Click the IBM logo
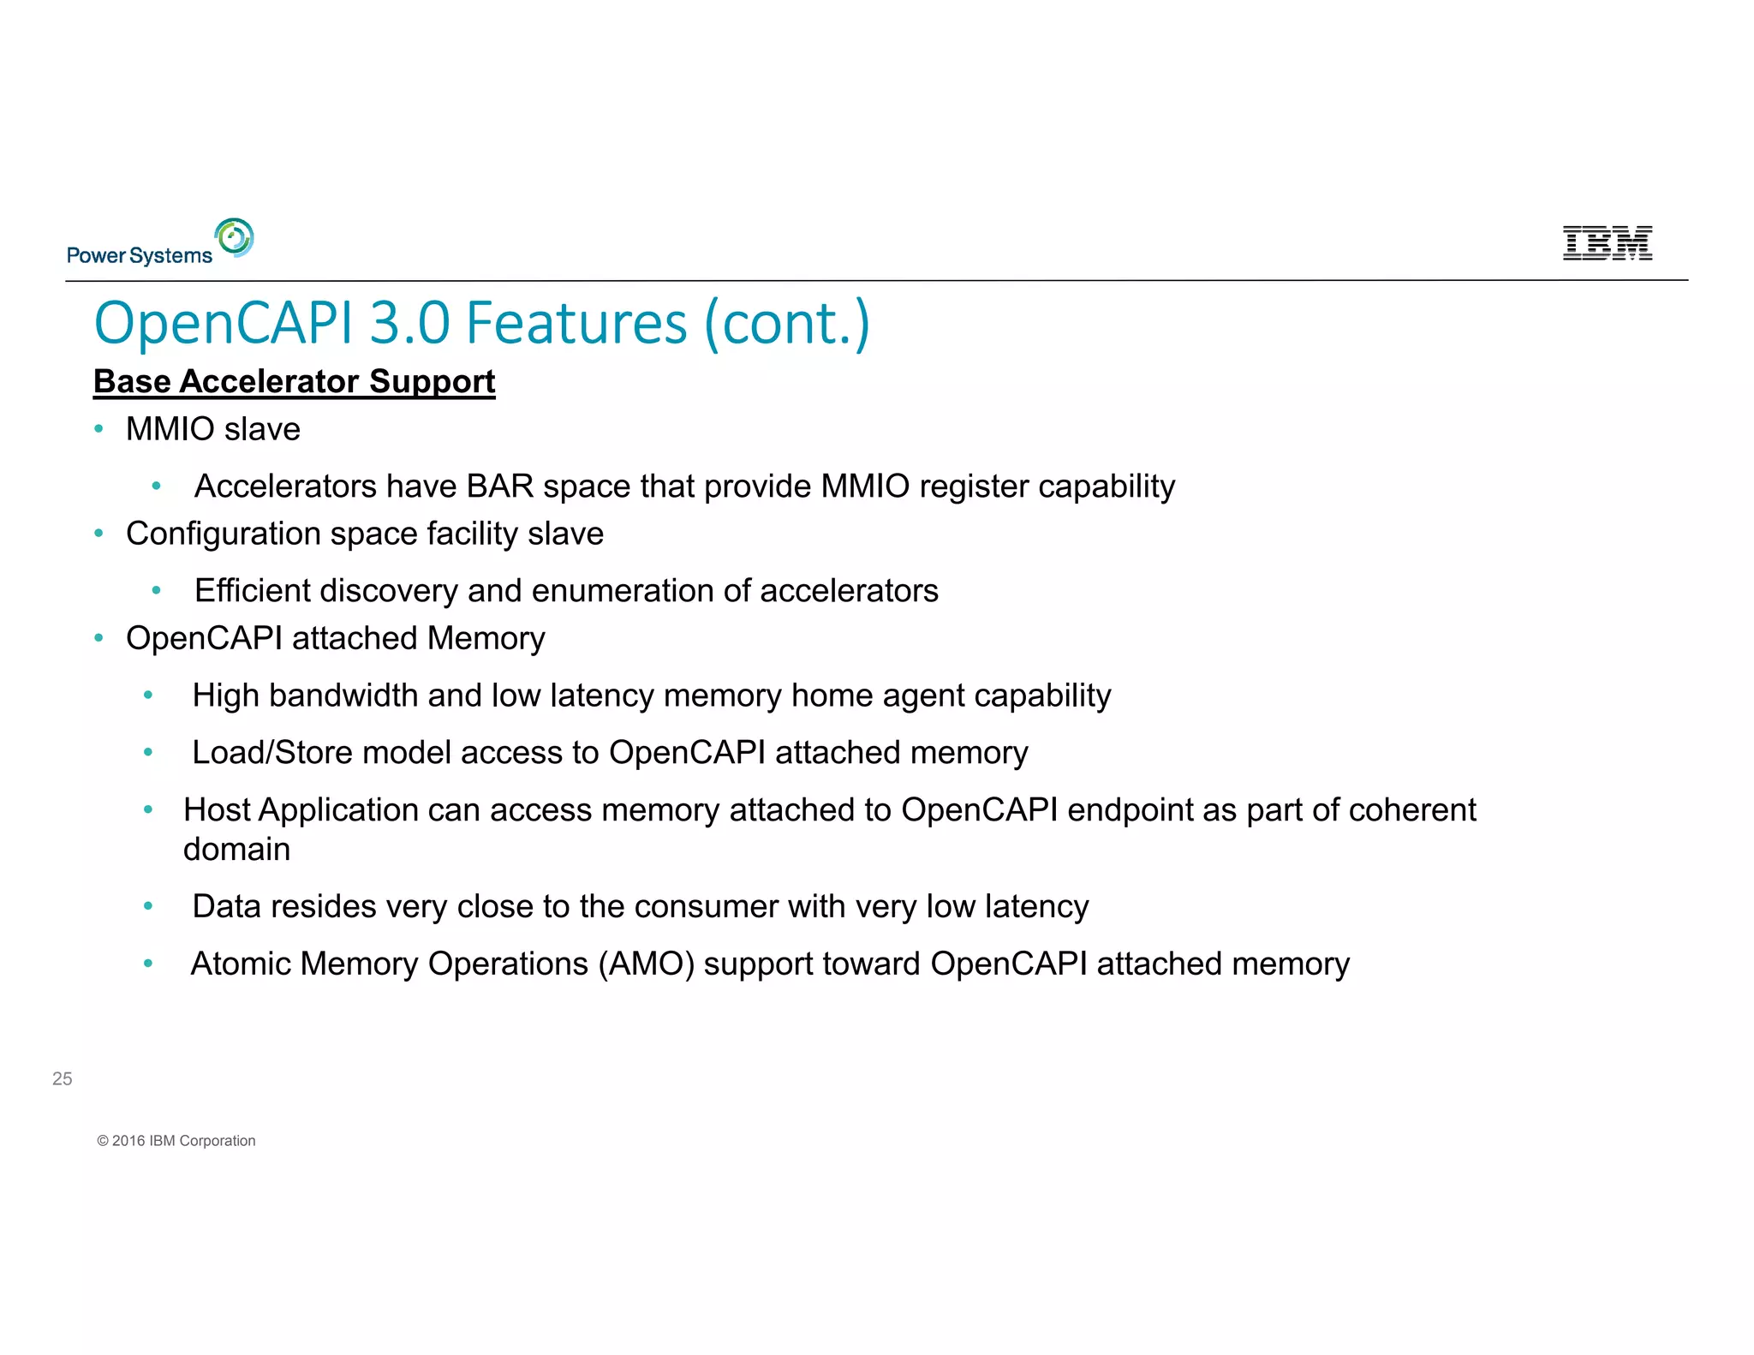[1607, 243]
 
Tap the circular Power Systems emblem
[235, 237]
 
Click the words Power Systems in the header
[139, 255]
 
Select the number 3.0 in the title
[409, 324]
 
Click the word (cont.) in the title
[786, 324]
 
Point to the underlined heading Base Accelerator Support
[294, 381]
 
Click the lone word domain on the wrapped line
[236, 850]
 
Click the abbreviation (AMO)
[646, 964]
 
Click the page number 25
[63, 1079]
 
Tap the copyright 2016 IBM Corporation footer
[176, 1141]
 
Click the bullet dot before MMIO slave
[99, 429]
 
